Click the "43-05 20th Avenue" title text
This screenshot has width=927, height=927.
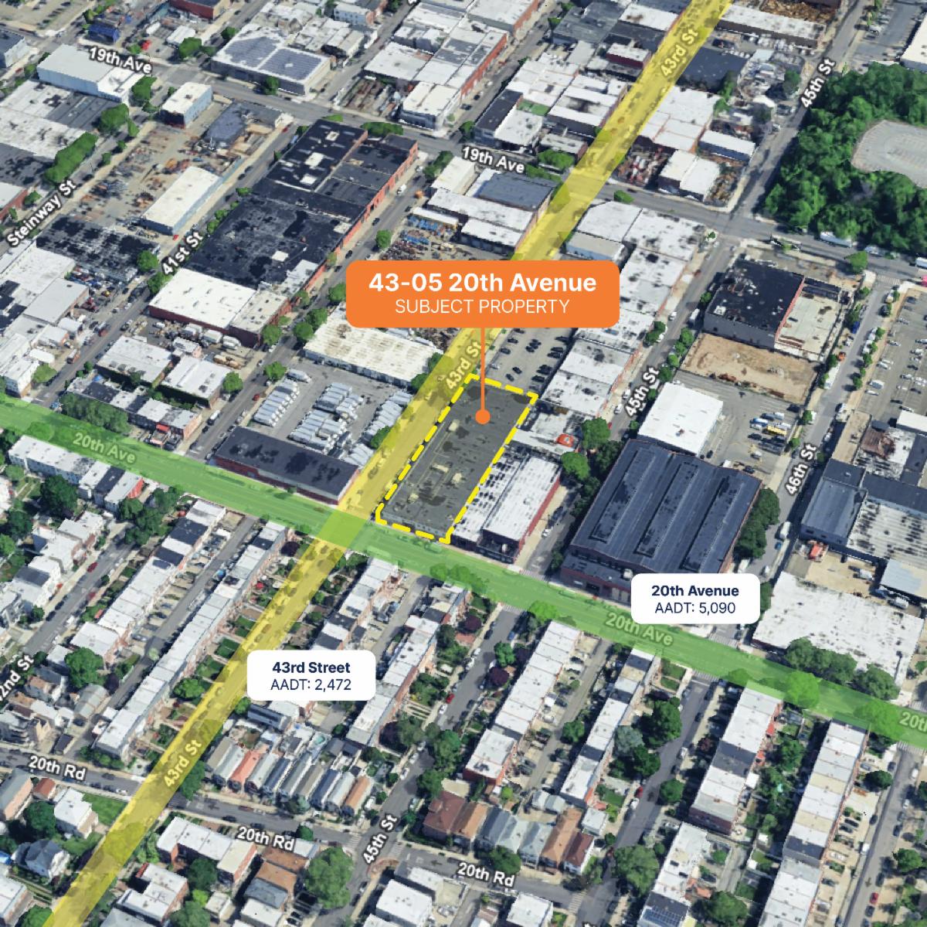(x=482, y=283)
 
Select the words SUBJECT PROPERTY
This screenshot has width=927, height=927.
(x=482, y=307)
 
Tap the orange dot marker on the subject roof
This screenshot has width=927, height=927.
(x=483, y=419)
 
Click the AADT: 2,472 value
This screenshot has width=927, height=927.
(x=311, y=684)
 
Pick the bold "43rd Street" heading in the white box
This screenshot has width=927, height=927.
(x=311, y=667)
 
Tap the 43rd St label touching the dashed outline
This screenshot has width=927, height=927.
(x=458, y=369)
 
